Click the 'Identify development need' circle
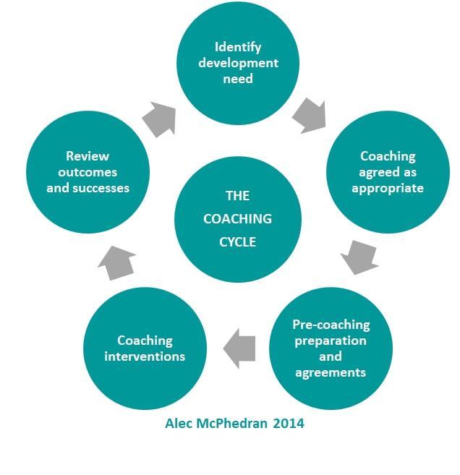[x=238, y=63]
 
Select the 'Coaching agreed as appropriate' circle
[x=388, y=172]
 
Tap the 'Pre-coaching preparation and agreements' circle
[x=331, y=348]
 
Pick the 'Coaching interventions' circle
[x=145, y=348]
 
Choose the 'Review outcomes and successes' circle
[x=88, y=172]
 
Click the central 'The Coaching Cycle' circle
[x=237, y=218]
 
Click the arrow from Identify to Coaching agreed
[x=310, y=114]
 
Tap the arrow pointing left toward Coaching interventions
[x=239, y=348]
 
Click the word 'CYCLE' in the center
[x=237, y=241]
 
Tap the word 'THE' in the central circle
[x=237, y=196]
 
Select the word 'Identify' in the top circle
[x=237, y=48]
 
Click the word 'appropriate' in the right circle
[x=388, y=188]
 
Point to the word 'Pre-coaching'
[x=331, y=325]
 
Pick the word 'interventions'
[x=145, y=356]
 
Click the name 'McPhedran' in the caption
[x=237, y=423]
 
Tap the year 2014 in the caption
[x=289, y=423]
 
